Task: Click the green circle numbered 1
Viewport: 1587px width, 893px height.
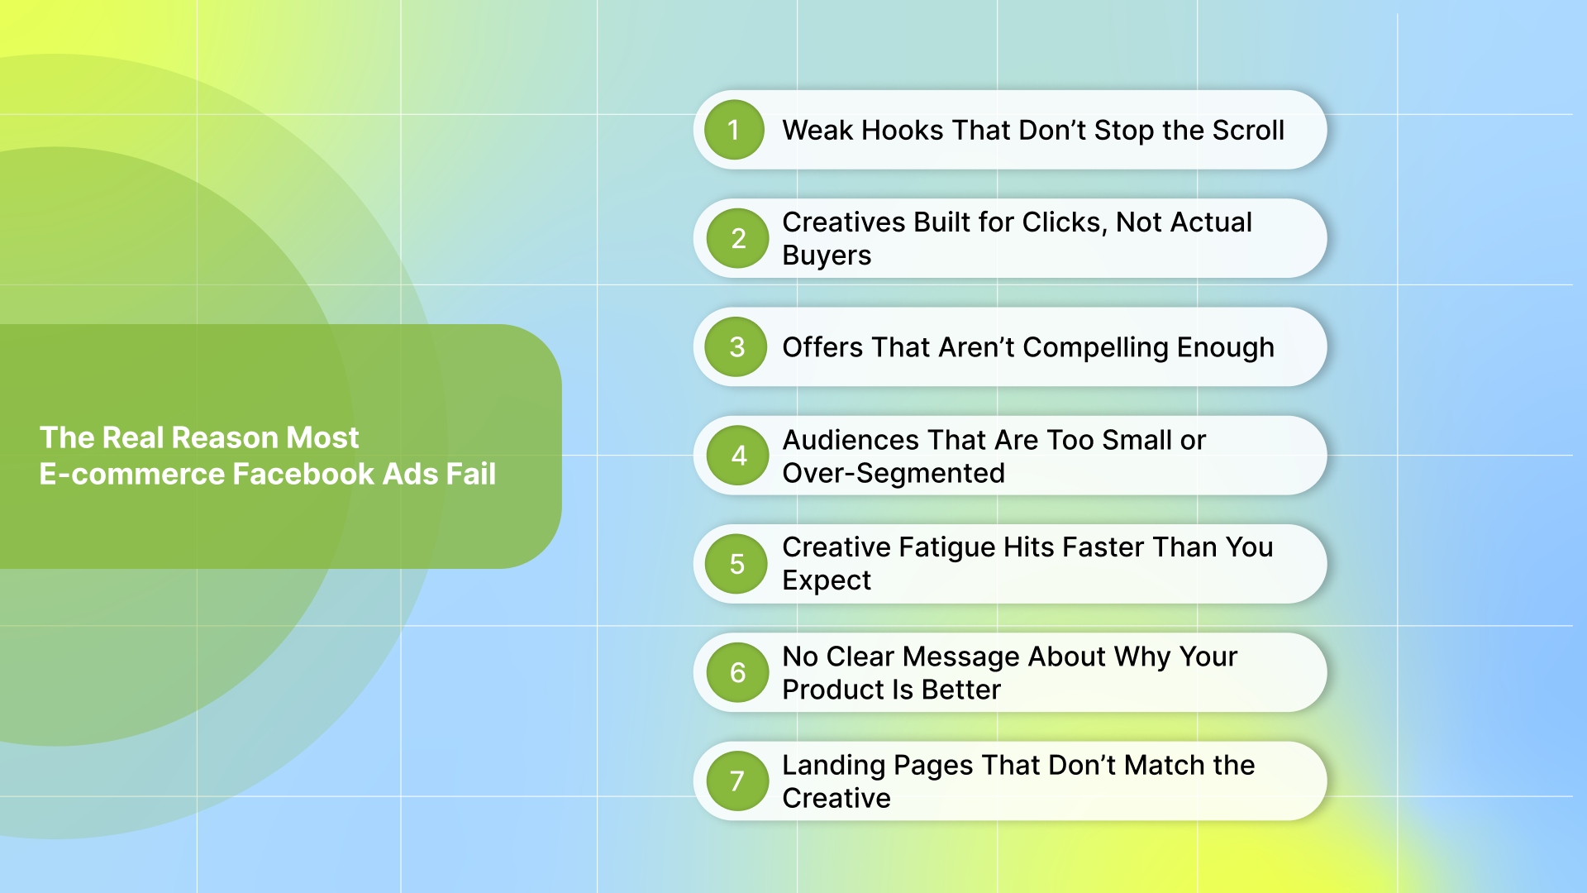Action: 734,130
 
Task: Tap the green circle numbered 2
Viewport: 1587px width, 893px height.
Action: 737,238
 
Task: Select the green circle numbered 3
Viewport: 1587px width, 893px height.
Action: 736,347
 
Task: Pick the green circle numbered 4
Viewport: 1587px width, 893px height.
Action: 738,456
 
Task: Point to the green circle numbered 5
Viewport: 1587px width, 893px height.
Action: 736,564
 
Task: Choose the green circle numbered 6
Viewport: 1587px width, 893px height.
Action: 737,673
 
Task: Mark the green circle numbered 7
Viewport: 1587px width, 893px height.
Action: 736,781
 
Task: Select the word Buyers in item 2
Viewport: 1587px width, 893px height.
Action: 827,255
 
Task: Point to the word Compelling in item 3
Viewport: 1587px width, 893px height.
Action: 1095,348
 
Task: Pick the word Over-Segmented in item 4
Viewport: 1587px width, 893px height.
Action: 894,473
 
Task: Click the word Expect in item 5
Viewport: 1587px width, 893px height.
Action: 827,580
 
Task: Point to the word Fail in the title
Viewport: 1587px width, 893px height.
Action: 470,474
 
